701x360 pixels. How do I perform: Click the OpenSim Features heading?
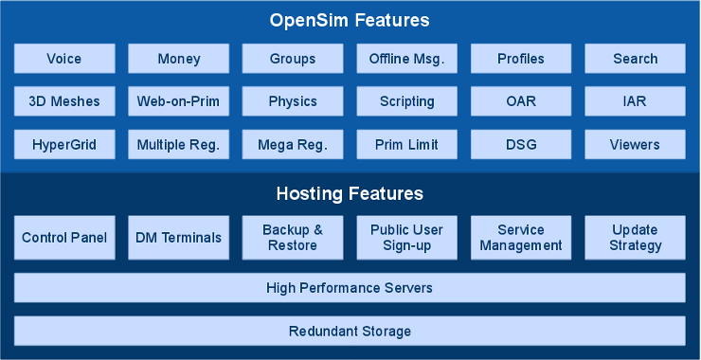coord(350,20)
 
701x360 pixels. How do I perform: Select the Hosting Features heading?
coord(350,194)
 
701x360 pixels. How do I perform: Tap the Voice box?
coord(64,59)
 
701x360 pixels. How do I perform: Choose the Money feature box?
coord(178,59)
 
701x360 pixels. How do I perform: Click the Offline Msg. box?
coord(406,59)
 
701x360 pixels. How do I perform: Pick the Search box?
coord(635,59)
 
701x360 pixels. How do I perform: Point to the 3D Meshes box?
coord(64,101)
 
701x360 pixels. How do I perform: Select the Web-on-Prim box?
coord(178,101)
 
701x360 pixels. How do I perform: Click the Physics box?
coord(293,101)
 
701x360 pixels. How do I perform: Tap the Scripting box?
coord(406,101)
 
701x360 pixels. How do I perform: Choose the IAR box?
coord(635,101)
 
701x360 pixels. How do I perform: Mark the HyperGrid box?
coord(64,145)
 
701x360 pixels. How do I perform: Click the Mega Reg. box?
coord(293,145)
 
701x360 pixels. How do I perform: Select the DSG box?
coord(521,145)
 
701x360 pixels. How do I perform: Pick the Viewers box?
coord(635,145)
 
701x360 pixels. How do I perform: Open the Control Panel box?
coord(64,238)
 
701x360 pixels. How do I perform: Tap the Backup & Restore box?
coord(293,238)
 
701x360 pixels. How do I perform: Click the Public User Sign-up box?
coord(406,238)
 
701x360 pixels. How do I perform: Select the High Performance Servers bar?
coord(350,287)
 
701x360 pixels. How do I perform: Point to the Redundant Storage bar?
coord(350,331)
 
